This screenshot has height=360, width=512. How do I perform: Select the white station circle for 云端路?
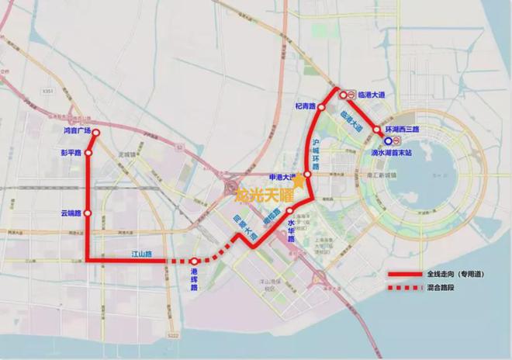[88, 213]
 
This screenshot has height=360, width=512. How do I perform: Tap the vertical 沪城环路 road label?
[316, 153]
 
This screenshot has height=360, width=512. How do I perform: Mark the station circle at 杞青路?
[321, 106]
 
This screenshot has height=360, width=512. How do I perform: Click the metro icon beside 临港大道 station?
[351, 95]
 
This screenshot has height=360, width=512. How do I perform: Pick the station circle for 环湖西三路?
[377, 130]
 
